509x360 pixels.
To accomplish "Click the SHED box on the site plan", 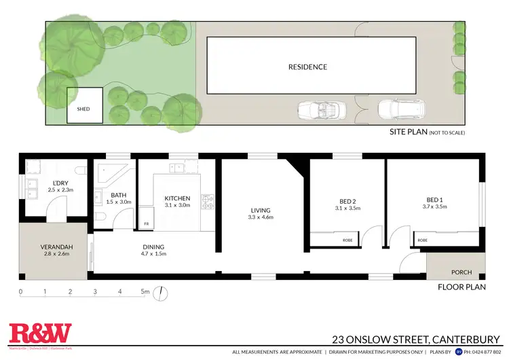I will coord(84,106).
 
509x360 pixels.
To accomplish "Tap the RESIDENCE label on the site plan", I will coord(307,67).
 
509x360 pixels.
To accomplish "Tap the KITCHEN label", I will coord(177,198).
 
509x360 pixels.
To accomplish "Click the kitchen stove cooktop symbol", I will coord(210,201).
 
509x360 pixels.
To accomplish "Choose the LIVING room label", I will coord(260,211).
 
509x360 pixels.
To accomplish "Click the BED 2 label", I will coord(348,201).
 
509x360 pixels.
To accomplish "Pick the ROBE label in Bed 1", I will coord(422,240).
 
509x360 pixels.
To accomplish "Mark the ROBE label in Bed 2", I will coord(347,240).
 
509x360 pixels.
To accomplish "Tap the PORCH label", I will coord(461,272).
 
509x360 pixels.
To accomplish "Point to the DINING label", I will coord(153,247).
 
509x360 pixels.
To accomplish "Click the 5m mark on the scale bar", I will coord(145,292).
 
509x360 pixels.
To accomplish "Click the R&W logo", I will coord(40,333).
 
